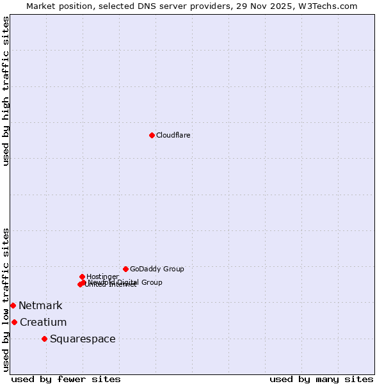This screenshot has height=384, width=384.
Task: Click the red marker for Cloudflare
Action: point(152,135)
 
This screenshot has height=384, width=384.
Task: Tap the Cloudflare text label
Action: point(173,136)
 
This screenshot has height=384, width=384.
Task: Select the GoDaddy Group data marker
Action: point(125,269)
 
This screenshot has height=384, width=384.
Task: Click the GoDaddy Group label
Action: point(157,269)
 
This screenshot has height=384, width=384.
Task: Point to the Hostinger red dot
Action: point(82,276)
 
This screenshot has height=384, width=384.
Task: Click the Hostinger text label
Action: point(102,276)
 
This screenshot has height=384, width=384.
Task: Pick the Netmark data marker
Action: point(13,305)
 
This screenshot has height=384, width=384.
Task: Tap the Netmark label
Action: point(40,306)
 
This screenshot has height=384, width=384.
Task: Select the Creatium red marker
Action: point(14,322)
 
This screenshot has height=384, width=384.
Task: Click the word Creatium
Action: point(43,323)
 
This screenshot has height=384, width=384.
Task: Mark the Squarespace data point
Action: point(44,339)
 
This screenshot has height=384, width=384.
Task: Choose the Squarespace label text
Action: point(83,339)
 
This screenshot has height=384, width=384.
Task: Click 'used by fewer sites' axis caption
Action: point(66,379)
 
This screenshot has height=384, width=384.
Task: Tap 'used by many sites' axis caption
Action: point(321,379)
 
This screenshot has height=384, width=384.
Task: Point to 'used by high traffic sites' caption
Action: point(6,91)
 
